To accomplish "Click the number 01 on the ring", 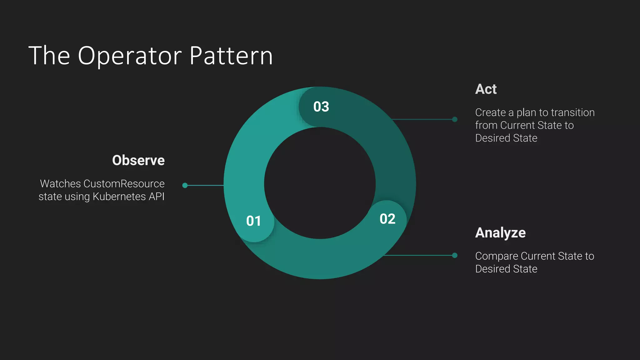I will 253,221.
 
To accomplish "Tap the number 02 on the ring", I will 387,219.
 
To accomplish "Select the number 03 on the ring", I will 321,107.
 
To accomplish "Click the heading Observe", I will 138,160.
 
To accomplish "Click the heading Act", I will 486,89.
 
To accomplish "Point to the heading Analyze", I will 500,233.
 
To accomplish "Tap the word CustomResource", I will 124,184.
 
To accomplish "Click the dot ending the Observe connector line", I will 185,185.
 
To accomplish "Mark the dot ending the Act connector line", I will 455,119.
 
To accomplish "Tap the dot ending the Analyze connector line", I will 455,255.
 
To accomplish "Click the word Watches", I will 60,184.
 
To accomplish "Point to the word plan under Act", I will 526,112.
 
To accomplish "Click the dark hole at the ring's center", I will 320,183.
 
